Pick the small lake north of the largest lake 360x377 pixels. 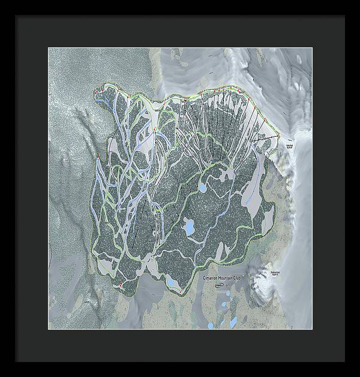pos(202,188)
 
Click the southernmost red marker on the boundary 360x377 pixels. pos(180,292)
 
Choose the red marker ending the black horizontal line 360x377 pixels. pos(278,137)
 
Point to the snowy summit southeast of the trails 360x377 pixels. pos(264,282)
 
